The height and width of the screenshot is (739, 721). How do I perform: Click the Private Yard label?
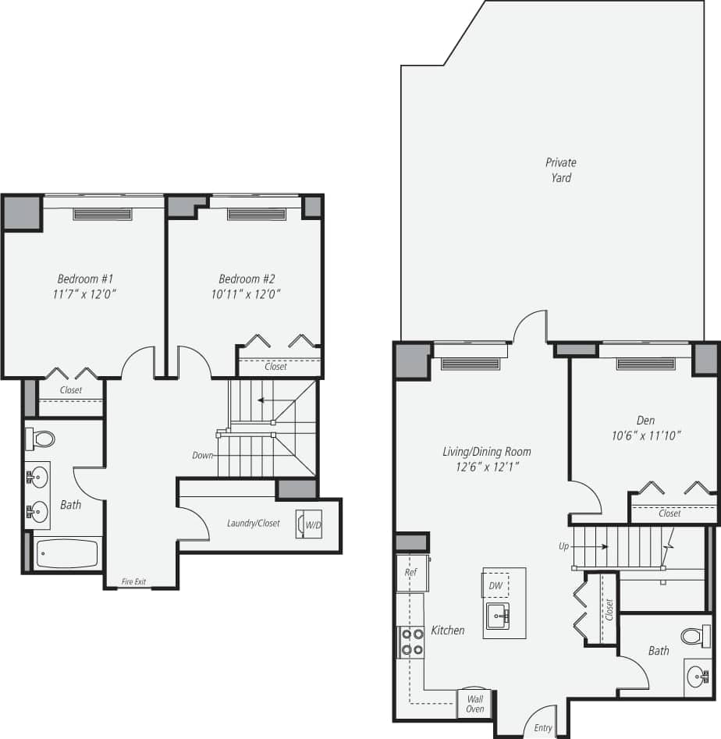coord(561,170)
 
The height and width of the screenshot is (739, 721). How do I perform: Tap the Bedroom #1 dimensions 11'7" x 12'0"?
coord(87,294)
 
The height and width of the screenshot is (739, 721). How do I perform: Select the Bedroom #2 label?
coord(247,279)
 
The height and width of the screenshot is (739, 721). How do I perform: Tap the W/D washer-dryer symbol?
coord(309,524)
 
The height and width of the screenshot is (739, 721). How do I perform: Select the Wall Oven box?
coord(474,703)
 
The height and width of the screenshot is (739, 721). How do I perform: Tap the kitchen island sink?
coord(497,616)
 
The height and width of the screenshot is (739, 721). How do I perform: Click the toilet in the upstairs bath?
coord(41,439)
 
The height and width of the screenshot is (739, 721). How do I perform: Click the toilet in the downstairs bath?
coord(694,636)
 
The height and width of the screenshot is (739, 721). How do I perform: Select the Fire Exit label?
coord(133,581)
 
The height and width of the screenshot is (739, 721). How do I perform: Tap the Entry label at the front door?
coord(543,727)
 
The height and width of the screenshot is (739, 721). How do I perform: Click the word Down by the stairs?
coord(203,454)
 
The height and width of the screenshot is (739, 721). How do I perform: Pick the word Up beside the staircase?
coord(564,546)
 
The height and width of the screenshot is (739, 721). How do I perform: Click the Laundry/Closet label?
coord(253,523)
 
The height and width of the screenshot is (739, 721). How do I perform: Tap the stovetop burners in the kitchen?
coord(411,641)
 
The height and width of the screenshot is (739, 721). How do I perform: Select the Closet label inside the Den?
coord(669,513)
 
